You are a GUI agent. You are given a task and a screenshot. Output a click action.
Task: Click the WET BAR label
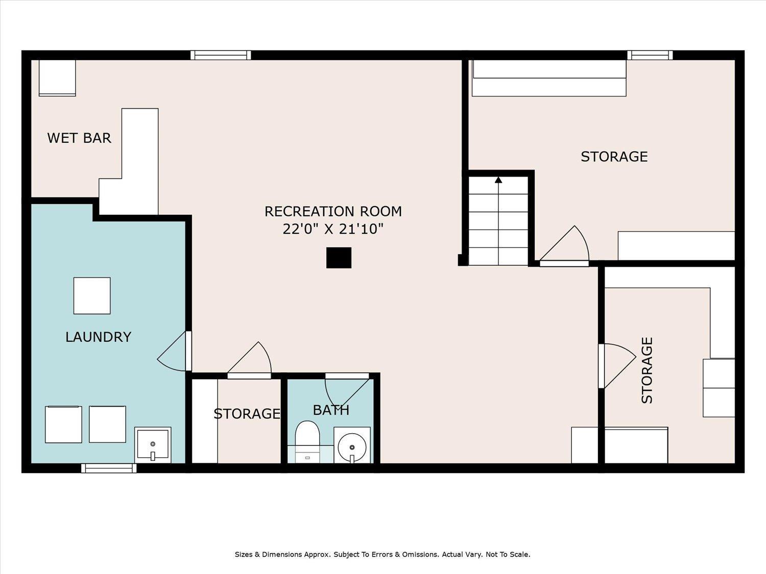point(79,138)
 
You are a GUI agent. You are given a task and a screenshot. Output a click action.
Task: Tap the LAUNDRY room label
point(99,337)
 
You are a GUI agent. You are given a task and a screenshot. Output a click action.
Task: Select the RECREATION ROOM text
point(333,211)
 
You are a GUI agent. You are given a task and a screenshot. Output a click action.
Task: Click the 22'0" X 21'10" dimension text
point(333,229)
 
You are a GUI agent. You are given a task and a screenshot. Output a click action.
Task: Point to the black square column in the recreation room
point(339,258)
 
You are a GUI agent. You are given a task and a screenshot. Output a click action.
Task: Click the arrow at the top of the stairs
point(498,180)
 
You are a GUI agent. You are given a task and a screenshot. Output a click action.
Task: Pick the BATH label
point(331,410)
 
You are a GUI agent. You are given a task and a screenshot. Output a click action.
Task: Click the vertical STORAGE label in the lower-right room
point(647,370)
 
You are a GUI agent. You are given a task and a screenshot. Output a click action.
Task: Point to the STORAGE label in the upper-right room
point(614,156)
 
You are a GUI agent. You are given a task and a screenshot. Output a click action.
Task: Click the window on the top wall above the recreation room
point(221,55)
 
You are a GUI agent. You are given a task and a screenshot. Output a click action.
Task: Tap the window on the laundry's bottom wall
point(109,468)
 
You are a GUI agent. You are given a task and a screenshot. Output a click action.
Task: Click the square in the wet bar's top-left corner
point(57,78)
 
